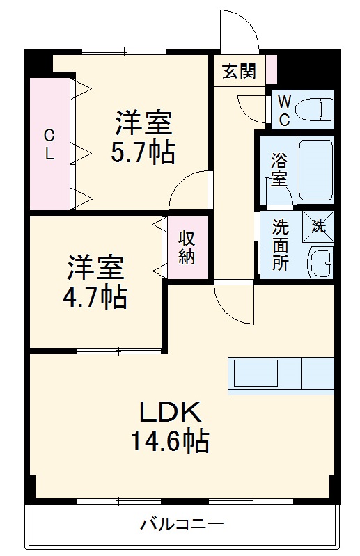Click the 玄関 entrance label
point(239,72)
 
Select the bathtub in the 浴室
point(315,169)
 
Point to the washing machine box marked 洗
point(318,226)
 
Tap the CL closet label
point(49,144)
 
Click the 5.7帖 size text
point(143,151)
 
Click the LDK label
point(171,413)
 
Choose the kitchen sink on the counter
point(255,374)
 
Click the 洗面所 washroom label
point(280,246)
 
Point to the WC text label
point(284,109)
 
